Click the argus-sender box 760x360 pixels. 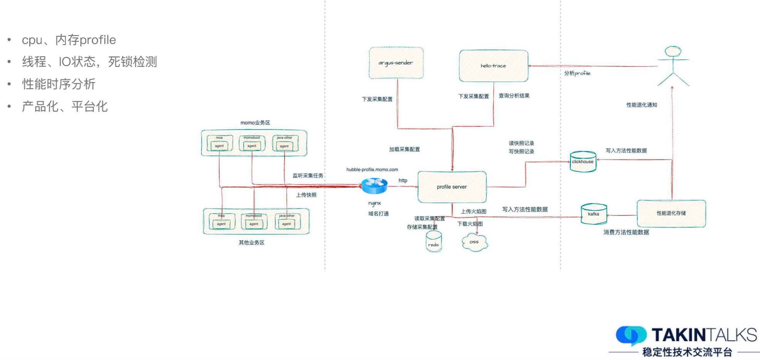[396, 63]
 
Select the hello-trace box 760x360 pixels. [493, 66]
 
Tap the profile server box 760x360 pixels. [452, 187]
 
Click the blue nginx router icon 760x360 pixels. [374, 186]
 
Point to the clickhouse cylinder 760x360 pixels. [583, 162]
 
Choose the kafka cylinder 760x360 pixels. [594, 214]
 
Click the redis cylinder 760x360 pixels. [434, 242]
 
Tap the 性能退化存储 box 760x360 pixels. [671, 213]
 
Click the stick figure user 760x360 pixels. [673, 66]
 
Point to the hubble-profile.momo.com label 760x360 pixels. [372, 170]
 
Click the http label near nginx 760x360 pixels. [403, 180]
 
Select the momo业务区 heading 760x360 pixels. [255, 123]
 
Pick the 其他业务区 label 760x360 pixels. [251, 242]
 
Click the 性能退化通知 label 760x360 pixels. [641, 105]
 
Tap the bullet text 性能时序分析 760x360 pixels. [59, 84]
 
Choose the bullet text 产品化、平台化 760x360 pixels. [65, 106]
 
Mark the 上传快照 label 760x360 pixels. [306, 195]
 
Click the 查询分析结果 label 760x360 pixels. [514, 96]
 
